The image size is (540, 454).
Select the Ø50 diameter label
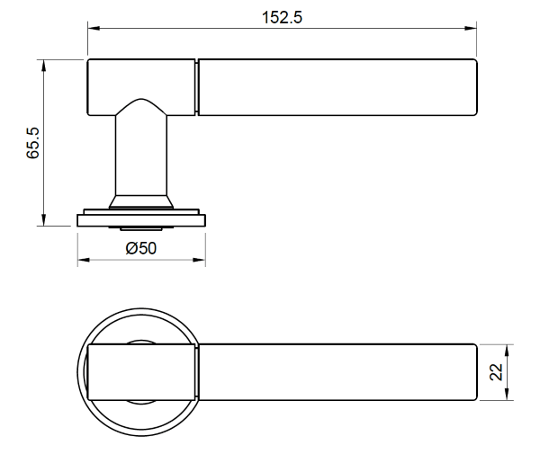click(141, 249)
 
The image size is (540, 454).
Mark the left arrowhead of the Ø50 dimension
click(83, 262)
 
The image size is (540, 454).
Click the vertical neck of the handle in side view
click(141, 153)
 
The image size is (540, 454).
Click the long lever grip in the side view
click(336, 88)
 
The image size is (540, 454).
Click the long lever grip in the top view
click(336, 371)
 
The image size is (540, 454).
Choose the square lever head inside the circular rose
click(139, 371)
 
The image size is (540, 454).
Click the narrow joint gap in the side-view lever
click(196, 88)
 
